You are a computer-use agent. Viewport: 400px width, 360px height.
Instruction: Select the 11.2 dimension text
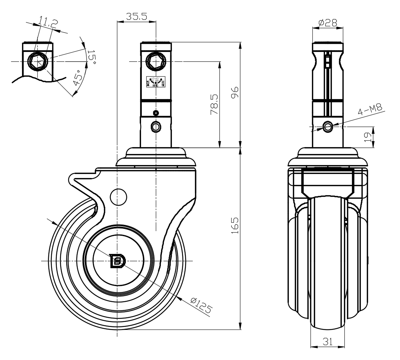click(x=48, y=24)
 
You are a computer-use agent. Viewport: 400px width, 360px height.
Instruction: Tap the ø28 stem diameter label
click(x=328, y=23)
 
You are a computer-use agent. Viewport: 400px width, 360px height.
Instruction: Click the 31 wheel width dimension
click(x=328, y=342)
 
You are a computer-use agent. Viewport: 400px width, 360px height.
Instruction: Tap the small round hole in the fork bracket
click(x=118, y=196)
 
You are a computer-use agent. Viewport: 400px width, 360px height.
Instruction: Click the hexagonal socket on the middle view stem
click(x=156, y=61)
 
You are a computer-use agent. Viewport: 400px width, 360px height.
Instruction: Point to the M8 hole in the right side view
click(x=327, y=127)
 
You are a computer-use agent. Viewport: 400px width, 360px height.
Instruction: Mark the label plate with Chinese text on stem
click(x=156, y=82)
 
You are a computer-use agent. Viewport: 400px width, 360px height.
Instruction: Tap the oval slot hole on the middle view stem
click(x=155, y=126)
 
